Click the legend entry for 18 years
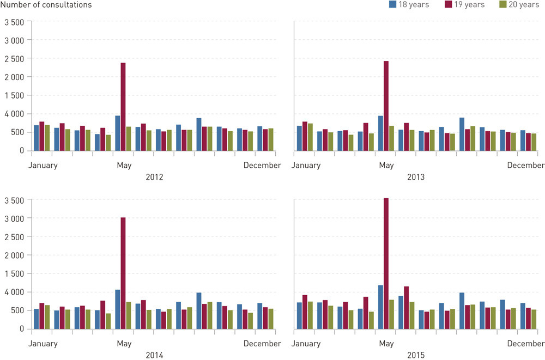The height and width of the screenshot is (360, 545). click(409, 5)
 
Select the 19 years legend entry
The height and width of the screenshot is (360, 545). click(464, 5)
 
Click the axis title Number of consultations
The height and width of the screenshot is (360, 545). click(46, 5)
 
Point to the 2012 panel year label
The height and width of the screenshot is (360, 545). click(155, 177)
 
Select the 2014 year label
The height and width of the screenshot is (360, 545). click(155, 355)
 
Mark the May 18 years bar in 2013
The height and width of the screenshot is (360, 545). click(381, 133)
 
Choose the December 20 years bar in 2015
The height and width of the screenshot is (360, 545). click(534, 319)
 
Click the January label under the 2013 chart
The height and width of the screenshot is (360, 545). click(306, 166)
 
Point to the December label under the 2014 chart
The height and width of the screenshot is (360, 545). click(262, 344)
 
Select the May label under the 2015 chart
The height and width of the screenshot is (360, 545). click(386, 344)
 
